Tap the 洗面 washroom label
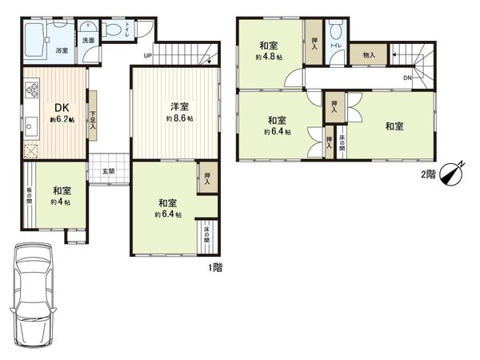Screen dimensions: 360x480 [x=88, y=39]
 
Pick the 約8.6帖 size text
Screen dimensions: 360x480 [x=178, y=118]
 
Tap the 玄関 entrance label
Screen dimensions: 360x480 [x=108, y=171]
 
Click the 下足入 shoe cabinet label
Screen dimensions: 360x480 [x=93, y=120]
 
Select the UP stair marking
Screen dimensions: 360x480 [x=147, y=55]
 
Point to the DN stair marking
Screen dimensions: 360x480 [x=407, y=78]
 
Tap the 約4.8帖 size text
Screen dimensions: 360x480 [x=267, y=57]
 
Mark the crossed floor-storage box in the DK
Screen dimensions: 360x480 [x=31, y=150]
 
